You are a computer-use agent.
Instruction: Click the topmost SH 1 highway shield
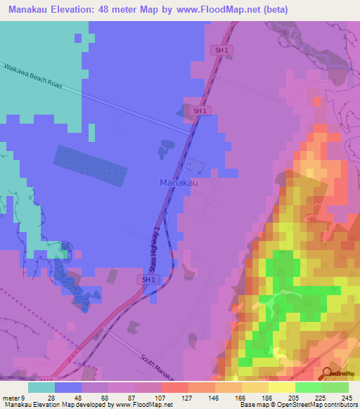221,49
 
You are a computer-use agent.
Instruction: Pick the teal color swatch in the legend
41,387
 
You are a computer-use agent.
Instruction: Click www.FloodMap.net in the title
211,10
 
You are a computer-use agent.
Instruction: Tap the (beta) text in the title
273,10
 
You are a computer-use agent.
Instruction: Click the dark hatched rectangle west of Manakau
91,167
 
